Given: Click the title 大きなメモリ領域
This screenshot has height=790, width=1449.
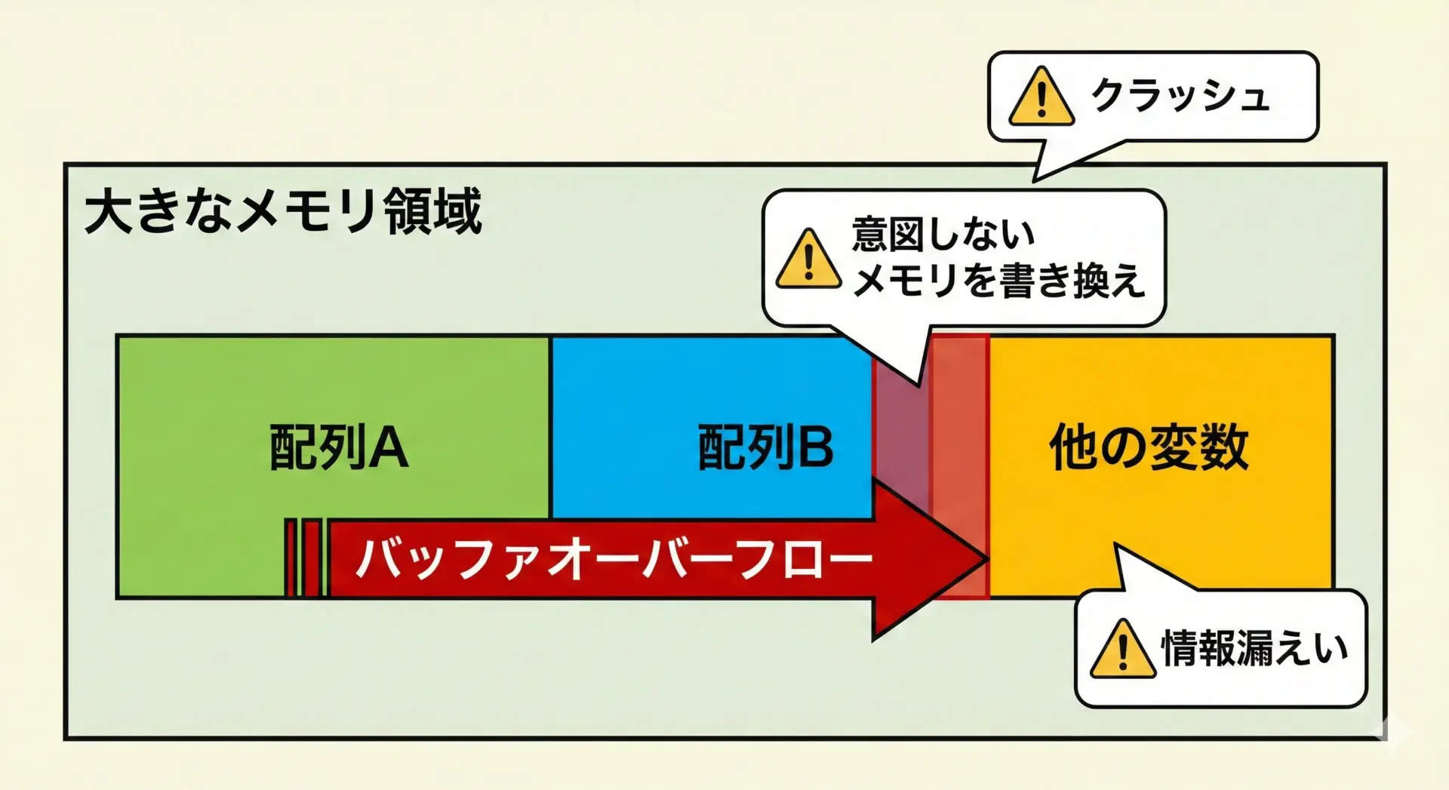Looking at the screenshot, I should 283,211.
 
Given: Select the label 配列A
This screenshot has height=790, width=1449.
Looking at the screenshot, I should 339,447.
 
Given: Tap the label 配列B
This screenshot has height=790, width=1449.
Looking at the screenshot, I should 765,447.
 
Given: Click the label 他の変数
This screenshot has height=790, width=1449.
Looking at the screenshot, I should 1149,447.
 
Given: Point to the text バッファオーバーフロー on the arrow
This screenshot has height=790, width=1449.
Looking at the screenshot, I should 613,560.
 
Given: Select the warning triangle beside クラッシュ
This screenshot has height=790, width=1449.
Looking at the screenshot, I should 1041,97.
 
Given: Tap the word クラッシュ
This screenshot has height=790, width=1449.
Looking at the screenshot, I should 1180,96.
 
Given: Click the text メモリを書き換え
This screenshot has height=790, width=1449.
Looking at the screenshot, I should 998,281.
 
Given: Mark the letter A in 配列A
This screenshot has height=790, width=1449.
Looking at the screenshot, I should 389,447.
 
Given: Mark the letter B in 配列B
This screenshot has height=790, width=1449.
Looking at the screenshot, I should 814,447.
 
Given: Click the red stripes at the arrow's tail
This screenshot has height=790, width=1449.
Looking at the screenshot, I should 304,558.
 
